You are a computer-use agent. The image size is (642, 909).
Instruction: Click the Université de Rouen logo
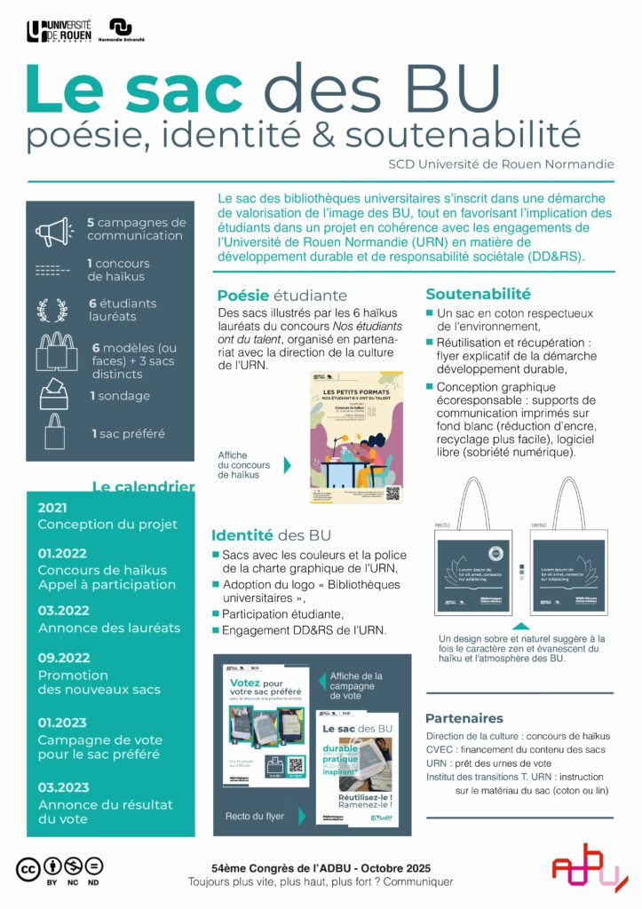click(59, 32)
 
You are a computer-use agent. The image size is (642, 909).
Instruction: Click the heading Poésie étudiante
click(282, 296)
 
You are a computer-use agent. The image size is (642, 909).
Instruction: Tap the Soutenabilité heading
click(478, 294)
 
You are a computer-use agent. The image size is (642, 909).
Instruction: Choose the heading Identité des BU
click(270, 535)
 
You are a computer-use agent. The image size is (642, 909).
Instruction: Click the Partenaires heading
click(464, 718)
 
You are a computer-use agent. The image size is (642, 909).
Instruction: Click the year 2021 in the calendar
click(53, 507)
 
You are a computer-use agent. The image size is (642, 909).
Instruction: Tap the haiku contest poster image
click(356, 437)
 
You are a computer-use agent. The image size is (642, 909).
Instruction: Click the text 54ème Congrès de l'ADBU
click(321, 866)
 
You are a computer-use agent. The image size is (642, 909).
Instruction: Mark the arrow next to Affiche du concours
click(287, 465)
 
